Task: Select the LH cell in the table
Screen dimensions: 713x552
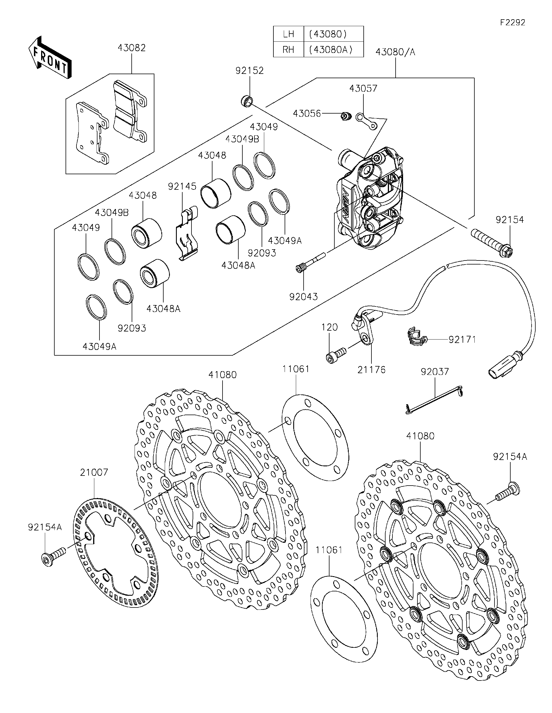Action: [288, 34]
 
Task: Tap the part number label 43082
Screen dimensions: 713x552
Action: [132, 48]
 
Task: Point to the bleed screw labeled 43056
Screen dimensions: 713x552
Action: [345, 116]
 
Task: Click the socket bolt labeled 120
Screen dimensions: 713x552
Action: [336, 354]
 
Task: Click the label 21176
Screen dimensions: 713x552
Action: [371, 370]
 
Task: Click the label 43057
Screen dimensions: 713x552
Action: [363, 89]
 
